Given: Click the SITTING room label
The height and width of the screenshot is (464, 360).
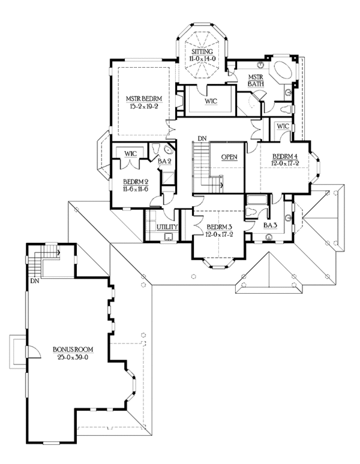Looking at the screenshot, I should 203,52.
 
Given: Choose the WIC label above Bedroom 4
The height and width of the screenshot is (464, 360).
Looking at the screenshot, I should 284,126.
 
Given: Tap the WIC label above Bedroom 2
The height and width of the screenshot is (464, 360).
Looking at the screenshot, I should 131,154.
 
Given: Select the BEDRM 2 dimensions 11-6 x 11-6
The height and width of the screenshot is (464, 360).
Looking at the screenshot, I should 135,189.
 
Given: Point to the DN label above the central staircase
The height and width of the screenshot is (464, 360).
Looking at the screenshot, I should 202,138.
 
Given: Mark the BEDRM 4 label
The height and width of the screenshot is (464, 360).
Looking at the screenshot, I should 284,156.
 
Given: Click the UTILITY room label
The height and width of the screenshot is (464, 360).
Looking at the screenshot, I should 167,227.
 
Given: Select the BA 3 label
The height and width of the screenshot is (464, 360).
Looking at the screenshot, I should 270,225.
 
